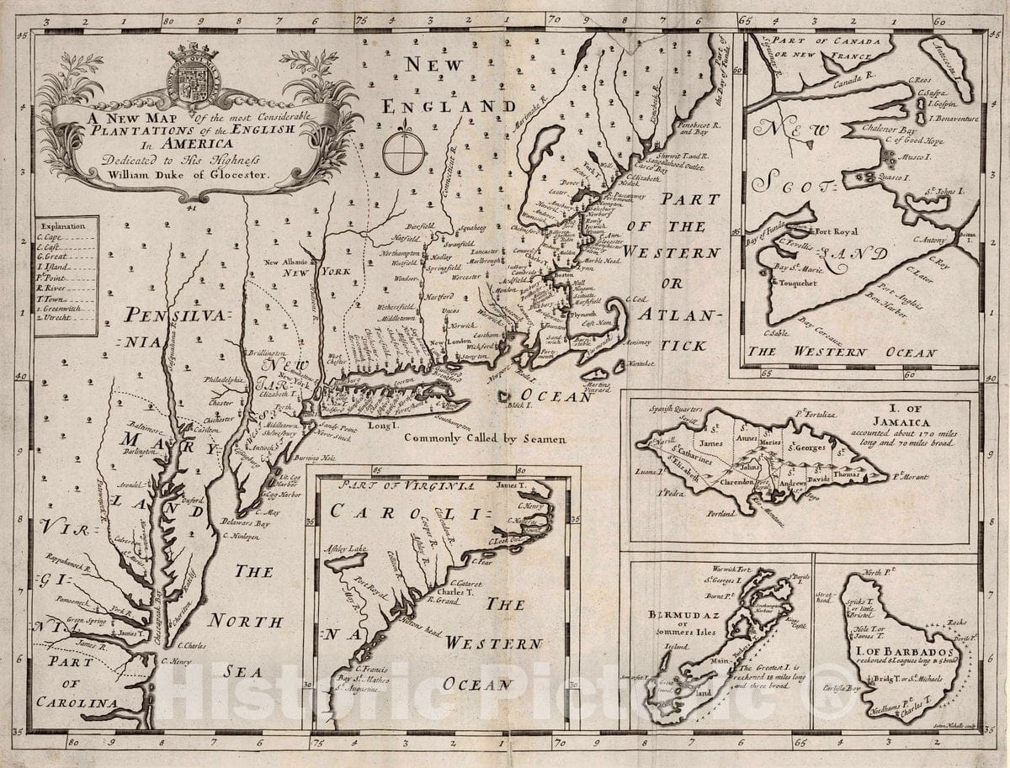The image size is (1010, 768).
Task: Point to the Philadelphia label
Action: click(221, 380)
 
